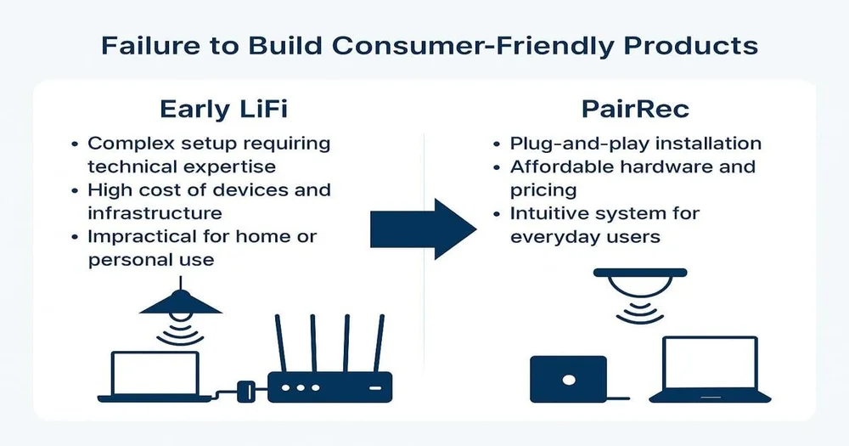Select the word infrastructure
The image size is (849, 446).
click(155, 212)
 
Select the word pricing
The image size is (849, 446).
click(543, 190)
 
